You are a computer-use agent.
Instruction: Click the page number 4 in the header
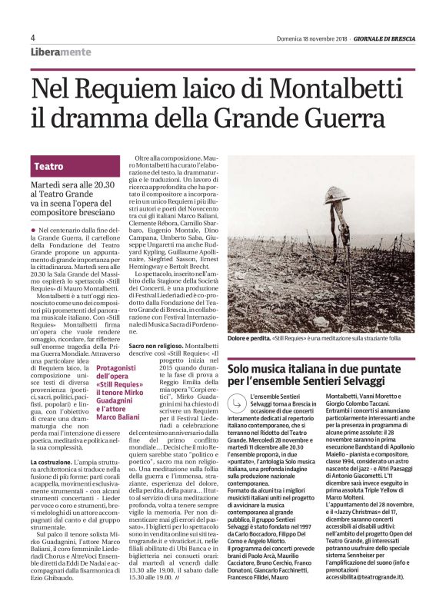tap(33, 38)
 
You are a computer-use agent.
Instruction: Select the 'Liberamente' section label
tap(61, 51)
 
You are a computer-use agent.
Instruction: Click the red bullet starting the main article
tap(33, 230)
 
